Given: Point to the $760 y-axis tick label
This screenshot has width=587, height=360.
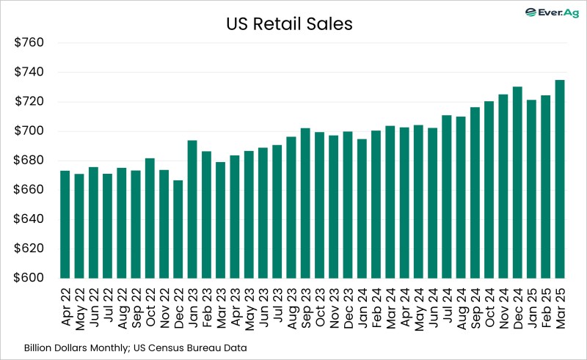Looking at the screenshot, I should point(30,43).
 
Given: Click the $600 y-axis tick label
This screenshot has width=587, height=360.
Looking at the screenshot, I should point(30,278).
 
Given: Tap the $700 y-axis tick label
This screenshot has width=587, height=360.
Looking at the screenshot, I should point(30,131).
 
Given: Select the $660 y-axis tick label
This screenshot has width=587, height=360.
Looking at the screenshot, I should point(30,190).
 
